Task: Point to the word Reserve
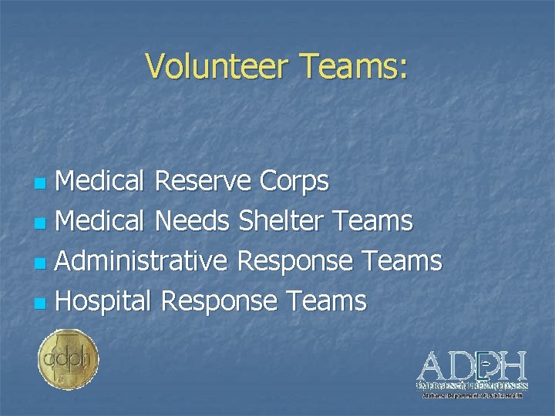(203, 182)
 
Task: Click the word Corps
(294, 183)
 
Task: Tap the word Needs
(192, 222)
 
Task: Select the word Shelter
(284, 222)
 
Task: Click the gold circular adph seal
(68, 359)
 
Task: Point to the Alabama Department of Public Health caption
(473, 394)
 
